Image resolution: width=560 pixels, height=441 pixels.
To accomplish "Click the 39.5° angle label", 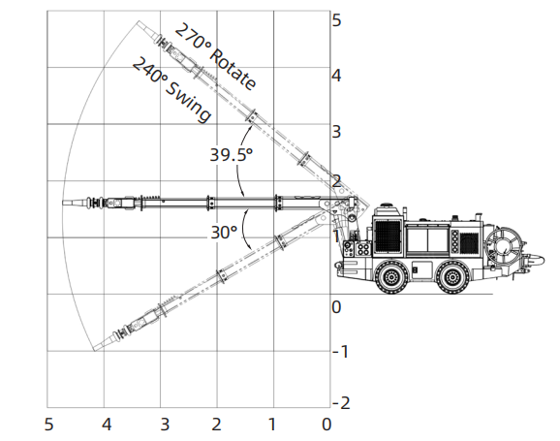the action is pyautogui.click(x=231, y=155).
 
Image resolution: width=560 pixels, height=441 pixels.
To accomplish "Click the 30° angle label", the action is pyautogui.click(x=224, y=233).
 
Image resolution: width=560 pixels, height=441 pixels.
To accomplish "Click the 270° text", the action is pyautogui.click(x=193, y=37).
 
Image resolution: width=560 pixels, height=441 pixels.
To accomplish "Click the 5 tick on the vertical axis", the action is pyautogui.click(x=336, y=20).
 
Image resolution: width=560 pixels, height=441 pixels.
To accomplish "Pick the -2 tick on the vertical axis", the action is pyautogui.click(x=341, y=403).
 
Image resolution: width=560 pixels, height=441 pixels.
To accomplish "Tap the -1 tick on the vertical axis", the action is pyautogui.click(x=340, y=352).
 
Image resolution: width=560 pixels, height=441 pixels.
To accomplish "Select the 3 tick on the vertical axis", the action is pyautogui.click(x=336, y=132).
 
